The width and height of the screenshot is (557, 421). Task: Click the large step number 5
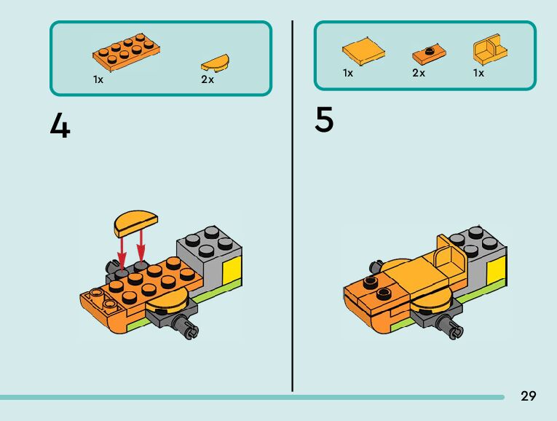(324, 120)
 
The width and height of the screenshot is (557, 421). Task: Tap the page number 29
(528, 396)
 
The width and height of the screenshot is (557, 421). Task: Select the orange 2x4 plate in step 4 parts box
(126, 50)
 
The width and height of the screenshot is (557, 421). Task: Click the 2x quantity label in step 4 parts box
(208, 79)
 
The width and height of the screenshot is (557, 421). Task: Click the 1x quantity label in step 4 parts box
(98, 79)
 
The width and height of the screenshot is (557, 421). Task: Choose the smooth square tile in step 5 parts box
(363, 51)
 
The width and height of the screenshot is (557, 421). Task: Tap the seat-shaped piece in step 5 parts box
(490, 51)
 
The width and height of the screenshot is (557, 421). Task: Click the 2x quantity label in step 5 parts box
(418, 73)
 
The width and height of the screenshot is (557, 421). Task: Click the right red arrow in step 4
(141, 248)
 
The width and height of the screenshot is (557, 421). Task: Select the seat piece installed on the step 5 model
(449, 258)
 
